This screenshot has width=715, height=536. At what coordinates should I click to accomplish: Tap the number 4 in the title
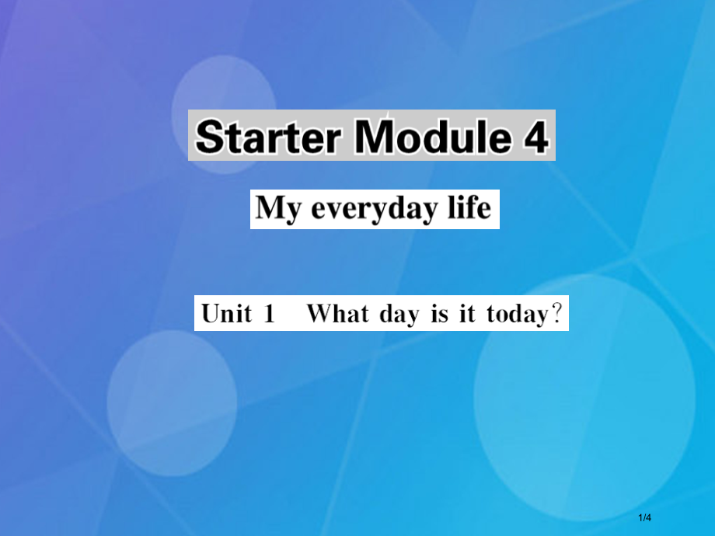(x=535, y=137)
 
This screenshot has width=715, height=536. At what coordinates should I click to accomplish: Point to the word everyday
(x=375, y=209)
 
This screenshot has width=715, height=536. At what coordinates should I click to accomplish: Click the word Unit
(x=227, y=314)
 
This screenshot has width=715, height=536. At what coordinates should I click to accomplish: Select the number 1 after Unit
(x=269, y=314)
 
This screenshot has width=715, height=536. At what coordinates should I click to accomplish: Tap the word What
(x=335, y=314)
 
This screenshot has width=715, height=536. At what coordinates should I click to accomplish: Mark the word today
(x=514, y=315)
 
